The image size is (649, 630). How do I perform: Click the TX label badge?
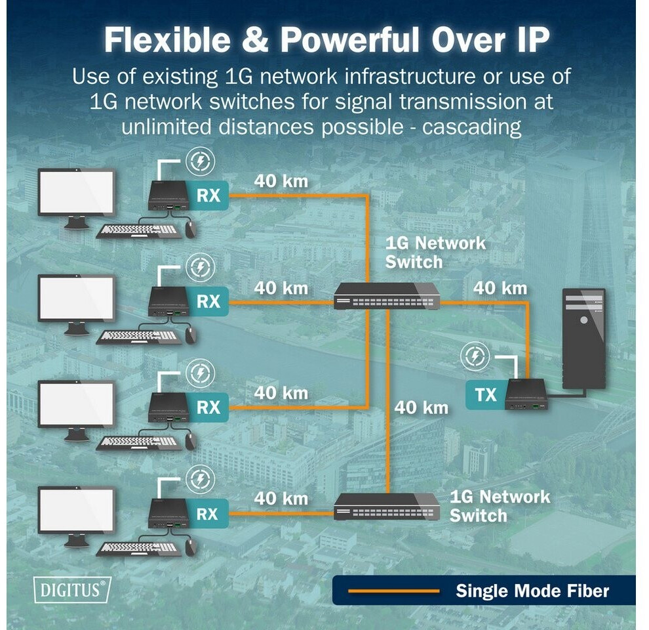[486, 394]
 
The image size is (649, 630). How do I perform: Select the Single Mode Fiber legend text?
[532, 591]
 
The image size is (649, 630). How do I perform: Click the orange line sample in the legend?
[393, 591]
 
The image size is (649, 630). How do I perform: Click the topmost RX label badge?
[208, 195]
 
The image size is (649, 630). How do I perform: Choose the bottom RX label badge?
[208, 514]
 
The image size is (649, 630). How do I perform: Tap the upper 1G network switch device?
[387, 295]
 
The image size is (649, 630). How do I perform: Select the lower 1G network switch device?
[387, 507]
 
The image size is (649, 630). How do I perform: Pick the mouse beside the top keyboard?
[190, 230]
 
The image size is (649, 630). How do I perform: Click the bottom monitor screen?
[76, 511]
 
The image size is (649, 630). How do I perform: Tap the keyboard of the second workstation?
[139, 337]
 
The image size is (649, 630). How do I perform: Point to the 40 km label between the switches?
[422, 408]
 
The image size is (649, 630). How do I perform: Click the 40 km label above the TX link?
[500, 288]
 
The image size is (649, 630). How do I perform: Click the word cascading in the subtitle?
[471, 127]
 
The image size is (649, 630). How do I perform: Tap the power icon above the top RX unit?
[200, 161]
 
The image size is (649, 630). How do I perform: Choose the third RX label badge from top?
[208, 407]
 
